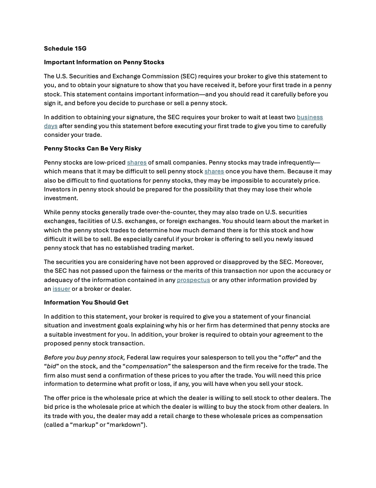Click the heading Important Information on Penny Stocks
[104, 62]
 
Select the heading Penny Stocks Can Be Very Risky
[92, 148]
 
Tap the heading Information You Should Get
[86, 302]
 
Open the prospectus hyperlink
[193, 280]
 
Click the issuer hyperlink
[61, 289]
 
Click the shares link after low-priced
[137, 162]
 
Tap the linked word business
[310, 117]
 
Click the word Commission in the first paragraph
[157, 76]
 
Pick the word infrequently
[295, 162]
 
